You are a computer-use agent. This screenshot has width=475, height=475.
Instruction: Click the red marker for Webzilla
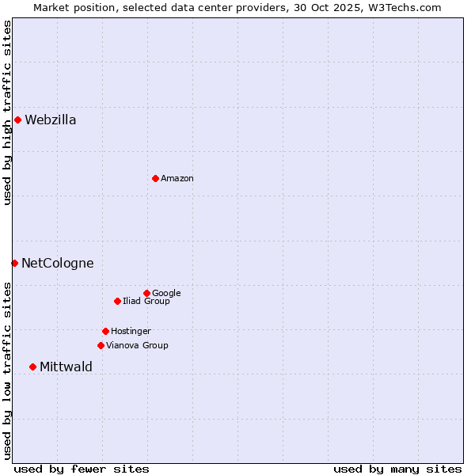coord(17,120)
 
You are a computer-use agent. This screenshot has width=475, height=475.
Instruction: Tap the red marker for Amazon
coord(155,178)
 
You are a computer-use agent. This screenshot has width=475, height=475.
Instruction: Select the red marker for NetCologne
coord(14,263)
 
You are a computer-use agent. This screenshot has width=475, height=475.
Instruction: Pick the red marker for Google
coord(146,293)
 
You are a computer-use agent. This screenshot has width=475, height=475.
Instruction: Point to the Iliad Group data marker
coord(117,301)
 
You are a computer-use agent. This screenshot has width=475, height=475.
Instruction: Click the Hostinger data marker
coord(105,331)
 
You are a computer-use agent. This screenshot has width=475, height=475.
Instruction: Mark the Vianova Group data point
coord(101,345)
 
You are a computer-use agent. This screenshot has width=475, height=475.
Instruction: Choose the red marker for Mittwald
coord(32,367)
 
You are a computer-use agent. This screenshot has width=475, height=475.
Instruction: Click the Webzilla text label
coord(50,120)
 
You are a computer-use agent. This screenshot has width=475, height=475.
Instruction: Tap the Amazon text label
coord(177,179)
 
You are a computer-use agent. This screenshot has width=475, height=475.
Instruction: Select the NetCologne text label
coord(57,264)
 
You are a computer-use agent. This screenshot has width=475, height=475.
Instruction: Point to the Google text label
coord(166,294)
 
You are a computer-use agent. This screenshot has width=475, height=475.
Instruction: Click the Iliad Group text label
coord(146,302)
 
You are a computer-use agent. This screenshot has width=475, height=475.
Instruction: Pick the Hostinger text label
coord(131,332)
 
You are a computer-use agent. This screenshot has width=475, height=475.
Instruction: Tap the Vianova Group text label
coord(137,346)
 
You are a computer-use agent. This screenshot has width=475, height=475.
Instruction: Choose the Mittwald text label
coord(66,367)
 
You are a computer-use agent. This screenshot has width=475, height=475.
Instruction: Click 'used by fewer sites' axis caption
coord(82,469)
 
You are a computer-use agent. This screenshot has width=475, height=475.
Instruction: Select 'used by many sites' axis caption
coord(397,469)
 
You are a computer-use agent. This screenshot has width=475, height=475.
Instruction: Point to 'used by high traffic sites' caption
coord(7,113)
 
